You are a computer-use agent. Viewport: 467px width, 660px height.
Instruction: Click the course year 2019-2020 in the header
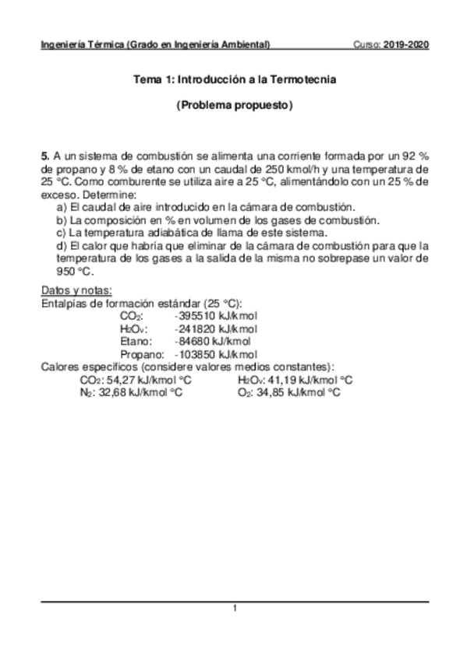[407, 44]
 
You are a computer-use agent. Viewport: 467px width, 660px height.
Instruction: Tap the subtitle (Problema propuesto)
[234, 105]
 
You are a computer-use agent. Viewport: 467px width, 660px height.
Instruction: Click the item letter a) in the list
[61, 206]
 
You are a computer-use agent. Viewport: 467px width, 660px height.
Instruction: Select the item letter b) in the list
[61, 219]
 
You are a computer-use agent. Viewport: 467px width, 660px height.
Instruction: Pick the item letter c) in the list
[61, 233]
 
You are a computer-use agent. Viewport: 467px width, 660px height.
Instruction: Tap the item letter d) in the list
[61, 246]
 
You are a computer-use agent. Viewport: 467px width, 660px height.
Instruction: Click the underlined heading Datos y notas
[76, 290]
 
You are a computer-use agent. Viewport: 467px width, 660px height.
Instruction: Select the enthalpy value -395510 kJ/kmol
[217, 316]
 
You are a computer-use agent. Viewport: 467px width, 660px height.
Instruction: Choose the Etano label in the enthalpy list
[136, 341]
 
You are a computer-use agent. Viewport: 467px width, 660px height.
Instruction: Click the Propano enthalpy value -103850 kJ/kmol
[217, 354]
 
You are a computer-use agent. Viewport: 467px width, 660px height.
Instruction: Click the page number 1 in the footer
[234, 608]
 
